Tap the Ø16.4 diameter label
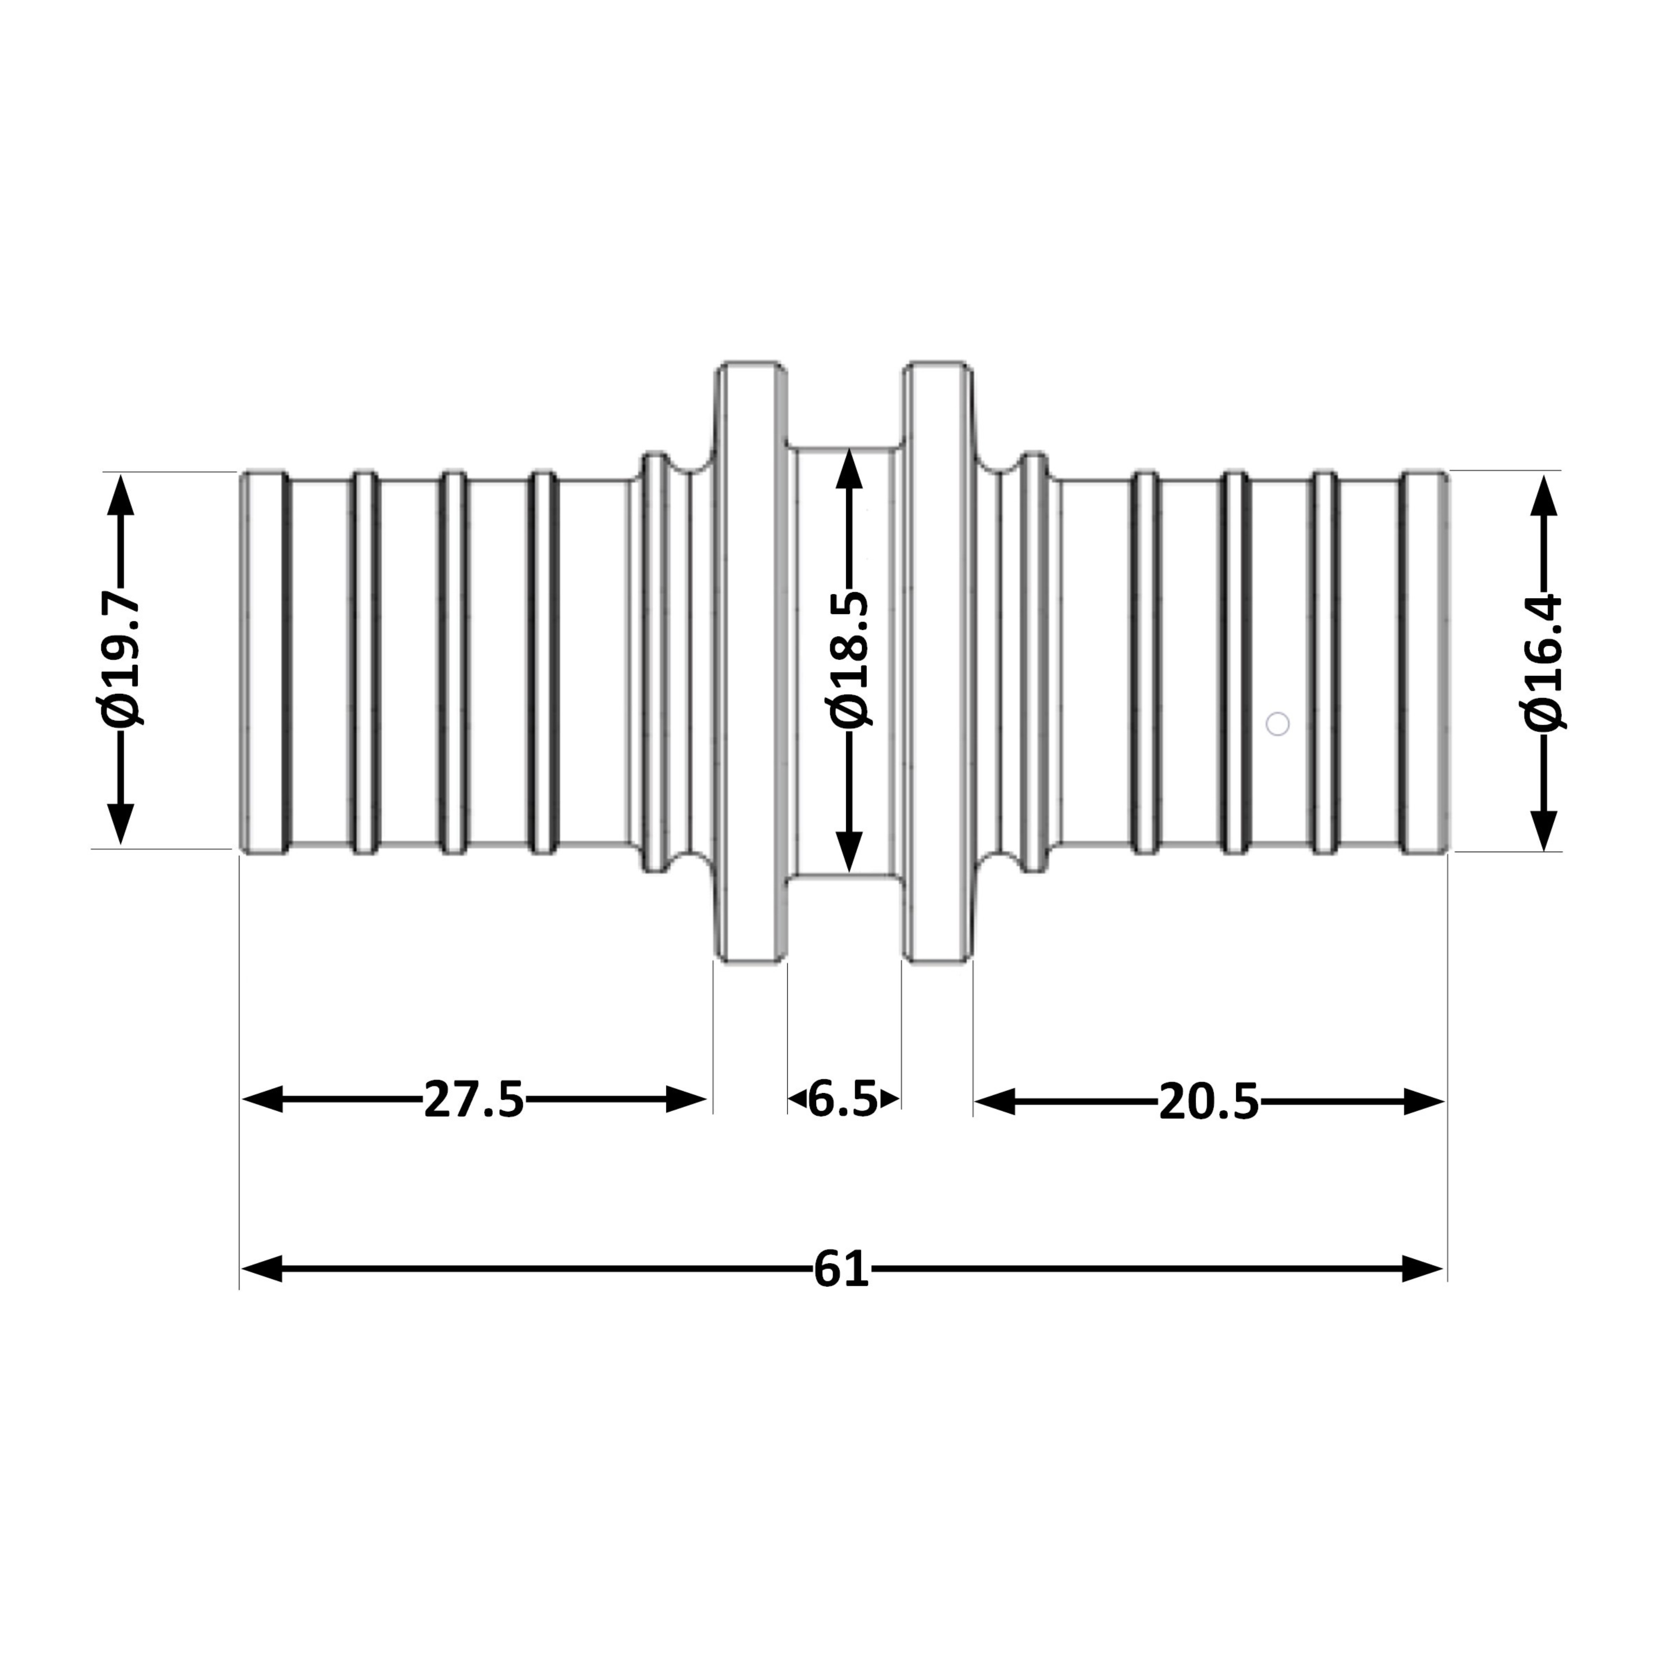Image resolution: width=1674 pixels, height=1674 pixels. (1543, 663)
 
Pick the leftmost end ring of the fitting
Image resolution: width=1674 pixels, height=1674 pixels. (264, 663)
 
